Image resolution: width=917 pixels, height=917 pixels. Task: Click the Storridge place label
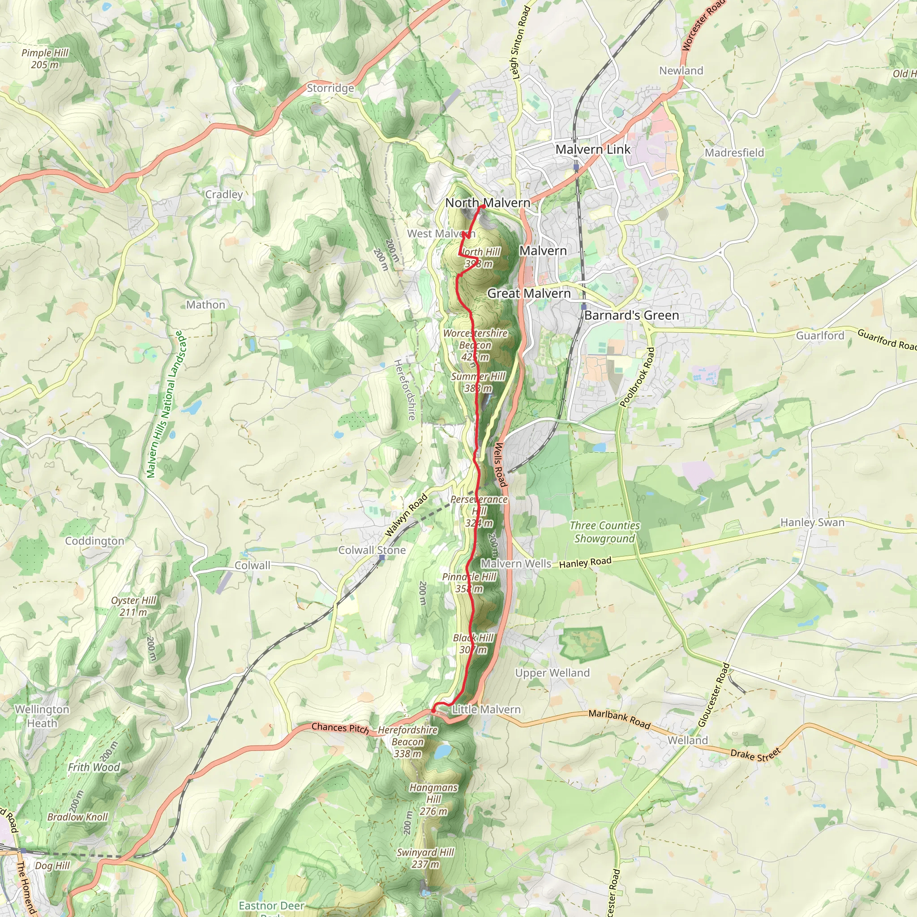[x=330, y=88]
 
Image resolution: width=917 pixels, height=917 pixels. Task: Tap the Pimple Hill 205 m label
[x=45, y=59]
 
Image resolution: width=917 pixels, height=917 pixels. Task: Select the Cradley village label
[x=224, y=194]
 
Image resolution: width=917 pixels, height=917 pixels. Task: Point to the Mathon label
[x=206, y=305]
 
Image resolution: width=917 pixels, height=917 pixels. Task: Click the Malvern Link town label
[x=593, y=150]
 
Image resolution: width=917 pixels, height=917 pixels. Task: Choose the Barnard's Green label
[x=631, y=315]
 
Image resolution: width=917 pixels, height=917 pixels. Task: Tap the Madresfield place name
[x=734, y=153]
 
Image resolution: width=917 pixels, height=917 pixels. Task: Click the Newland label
[x=681, y=71]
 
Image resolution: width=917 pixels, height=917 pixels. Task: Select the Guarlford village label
[x=820, y=335]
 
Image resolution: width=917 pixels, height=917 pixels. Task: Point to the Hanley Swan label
[x=813, y=523]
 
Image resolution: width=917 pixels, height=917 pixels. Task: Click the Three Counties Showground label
[x=604, y=532]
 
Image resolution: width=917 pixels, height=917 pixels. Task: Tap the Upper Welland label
[x=553, y=673]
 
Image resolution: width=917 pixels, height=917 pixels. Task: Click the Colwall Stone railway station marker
[x=381, y=557]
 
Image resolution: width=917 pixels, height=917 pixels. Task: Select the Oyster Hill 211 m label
[x=133, y=606]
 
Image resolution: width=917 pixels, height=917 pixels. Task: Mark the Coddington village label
[x=94, y=541]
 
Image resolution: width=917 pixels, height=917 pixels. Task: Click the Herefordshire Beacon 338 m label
[x=408, y=741]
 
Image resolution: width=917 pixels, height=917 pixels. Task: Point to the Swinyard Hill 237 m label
[x=425, y=858]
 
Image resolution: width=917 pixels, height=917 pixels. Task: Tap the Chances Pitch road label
[x=340, y=728]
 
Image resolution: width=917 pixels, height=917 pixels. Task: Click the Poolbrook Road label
[x=638, y=377]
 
